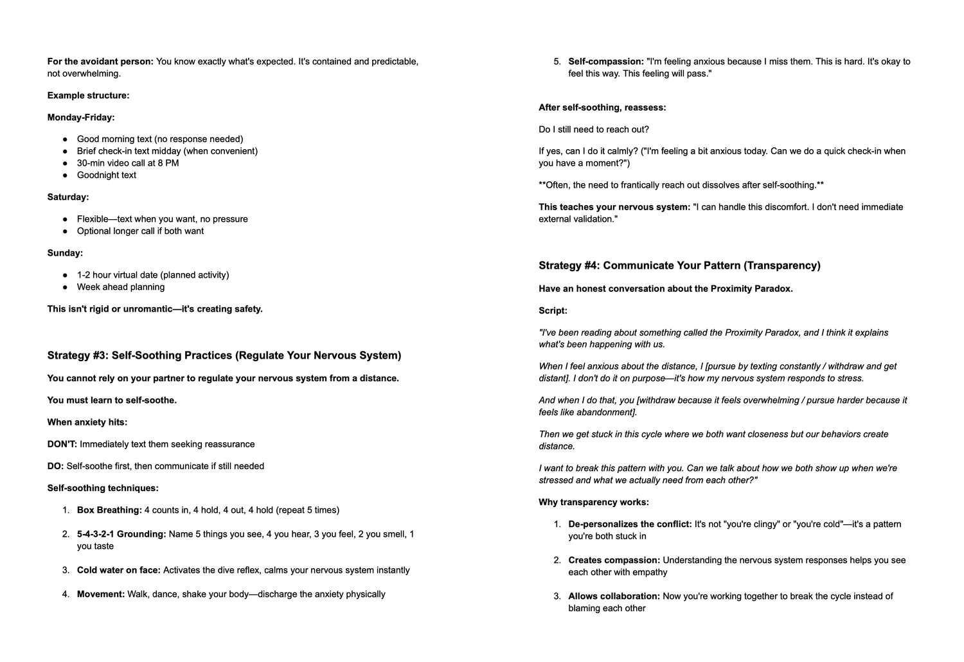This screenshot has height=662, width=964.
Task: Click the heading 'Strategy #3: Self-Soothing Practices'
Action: point(224,355)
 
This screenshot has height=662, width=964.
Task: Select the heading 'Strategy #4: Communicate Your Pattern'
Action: point(679,265)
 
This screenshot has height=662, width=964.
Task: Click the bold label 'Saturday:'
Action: point(68,197)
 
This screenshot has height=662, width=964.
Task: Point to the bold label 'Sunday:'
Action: point(65,253)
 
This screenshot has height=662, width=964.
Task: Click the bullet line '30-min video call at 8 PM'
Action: point(128,163)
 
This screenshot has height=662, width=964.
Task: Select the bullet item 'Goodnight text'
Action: point(107,175)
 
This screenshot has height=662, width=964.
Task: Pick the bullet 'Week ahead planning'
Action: point(121,287)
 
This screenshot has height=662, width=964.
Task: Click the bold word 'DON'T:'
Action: point(62,444)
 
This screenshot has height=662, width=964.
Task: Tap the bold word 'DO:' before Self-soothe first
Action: point(55,466)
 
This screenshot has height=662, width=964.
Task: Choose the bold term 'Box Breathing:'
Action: point(109,510)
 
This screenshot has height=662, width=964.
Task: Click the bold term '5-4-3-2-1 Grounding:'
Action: point(121,534)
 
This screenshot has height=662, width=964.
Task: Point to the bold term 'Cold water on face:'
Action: point(119,570)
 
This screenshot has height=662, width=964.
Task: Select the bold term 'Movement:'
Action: point(101,595)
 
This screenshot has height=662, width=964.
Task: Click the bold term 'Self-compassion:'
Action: point(606,62)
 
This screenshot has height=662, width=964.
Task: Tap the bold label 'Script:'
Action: point(553,311)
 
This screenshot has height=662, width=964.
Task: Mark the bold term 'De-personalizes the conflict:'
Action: point(630,524)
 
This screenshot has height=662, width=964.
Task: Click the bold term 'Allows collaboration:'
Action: point(614,596)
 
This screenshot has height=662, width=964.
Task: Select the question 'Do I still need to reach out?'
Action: point(594,130)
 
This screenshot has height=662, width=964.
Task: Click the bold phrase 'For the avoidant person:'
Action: point(100,62)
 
